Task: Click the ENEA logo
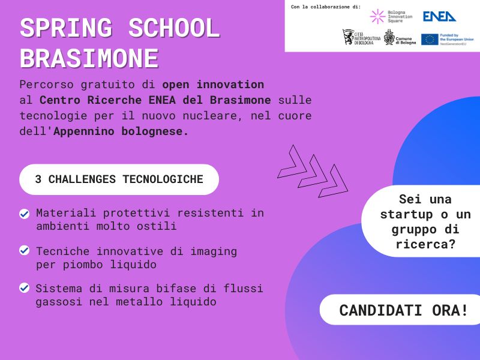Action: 439,16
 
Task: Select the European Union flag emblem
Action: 430,40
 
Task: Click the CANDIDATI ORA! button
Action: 403,310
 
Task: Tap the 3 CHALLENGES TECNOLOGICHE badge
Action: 119,179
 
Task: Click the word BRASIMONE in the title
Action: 89,59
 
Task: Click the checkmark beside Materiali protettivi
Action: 25,214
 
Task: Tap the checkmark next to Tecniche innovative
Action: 25,250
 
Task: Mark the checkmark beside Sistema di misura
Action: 25,288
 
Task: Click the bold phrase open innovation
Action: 212,84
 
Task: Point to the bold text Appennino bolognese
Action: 121,131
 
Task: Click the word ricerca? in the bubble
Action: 425,244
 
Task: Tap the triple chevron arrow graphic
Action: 313,171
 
